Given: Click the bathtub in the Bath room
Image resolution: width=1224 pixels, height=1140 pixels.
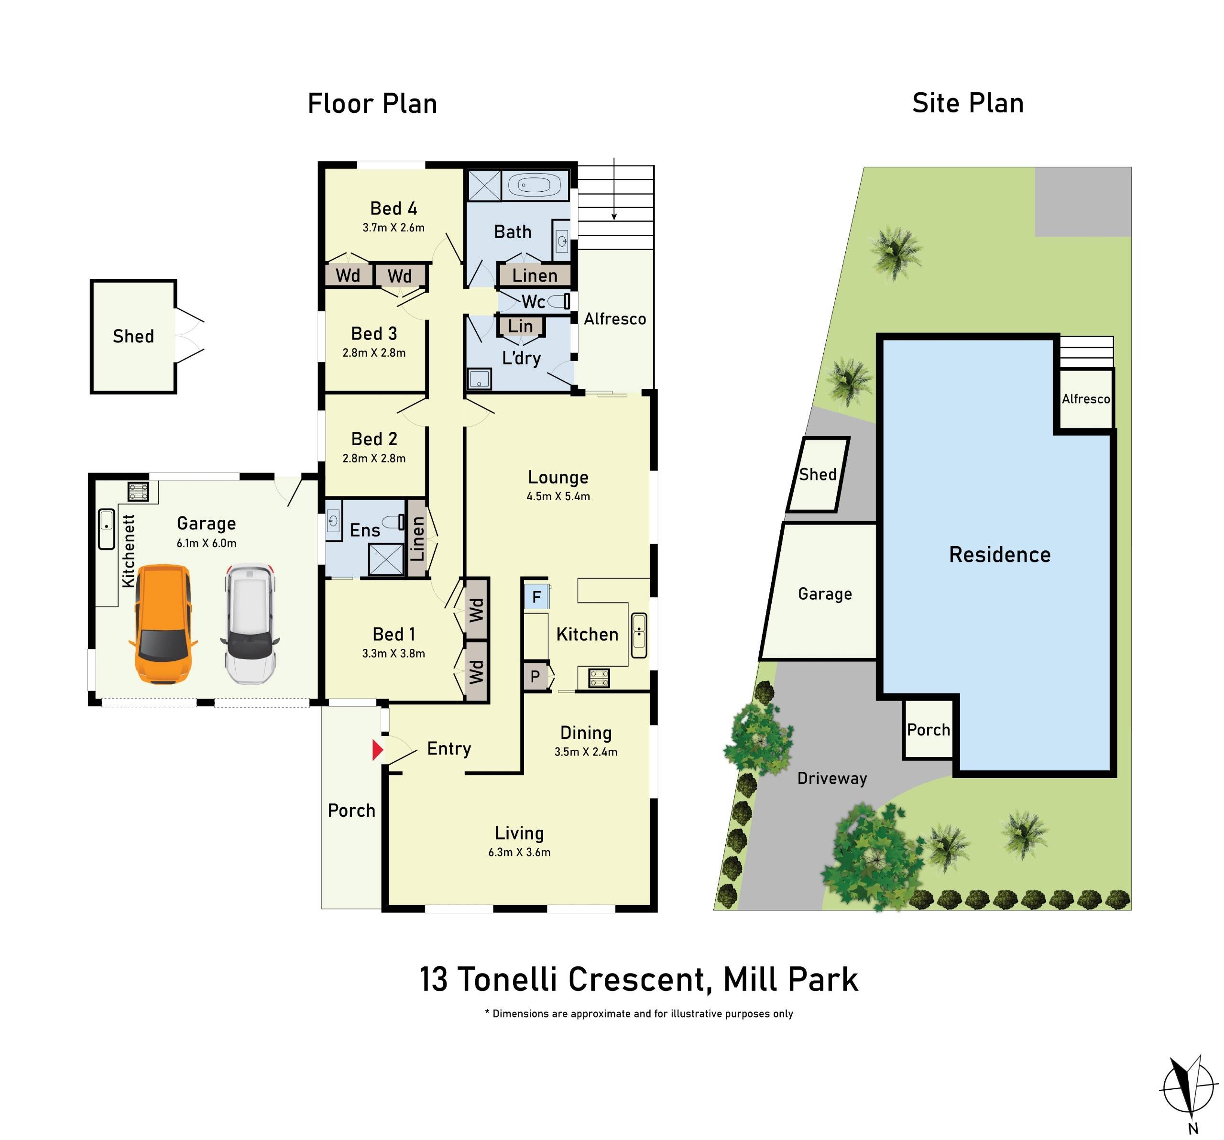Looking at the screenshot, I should pos(534,185).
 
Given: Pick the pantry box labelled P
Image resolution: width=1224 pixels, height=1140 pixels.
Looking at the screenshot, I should pos(535,676).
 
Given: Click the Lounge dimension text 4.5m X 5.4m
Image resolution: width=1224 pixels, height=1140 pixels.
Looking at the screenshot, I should pos(558,496).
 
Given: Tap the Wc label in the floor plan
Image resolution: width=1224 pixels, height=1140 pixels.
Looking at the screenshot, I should pos(533,302).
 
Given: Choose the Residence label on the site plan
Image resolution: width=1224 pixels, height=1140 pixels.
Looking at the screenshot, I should pos(999,554).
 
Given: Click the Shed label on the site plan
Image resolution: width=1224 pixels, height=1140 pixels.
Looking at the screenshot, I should pos(817,474).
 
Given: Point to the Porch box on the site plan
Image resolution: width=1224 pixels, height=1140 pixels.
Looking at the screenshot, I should pos(928,730).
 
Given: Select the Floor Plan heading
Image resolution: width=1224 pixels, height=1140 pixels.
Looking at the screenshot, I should pos(372,103).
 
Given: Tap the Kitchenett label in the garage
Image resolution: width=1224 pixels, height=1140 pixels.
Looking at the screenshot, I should pos(128,551).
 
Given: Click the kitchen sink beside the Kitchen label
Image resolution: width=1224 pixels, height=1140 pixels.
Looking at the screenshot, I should pos(639,635).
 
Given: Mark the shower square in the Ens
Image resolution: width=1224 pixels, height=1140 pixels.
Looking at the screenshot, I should pos(385,559).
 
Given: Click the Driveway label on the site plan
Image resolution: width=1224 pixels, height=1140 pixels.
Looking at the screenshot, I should pos(832,778).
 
